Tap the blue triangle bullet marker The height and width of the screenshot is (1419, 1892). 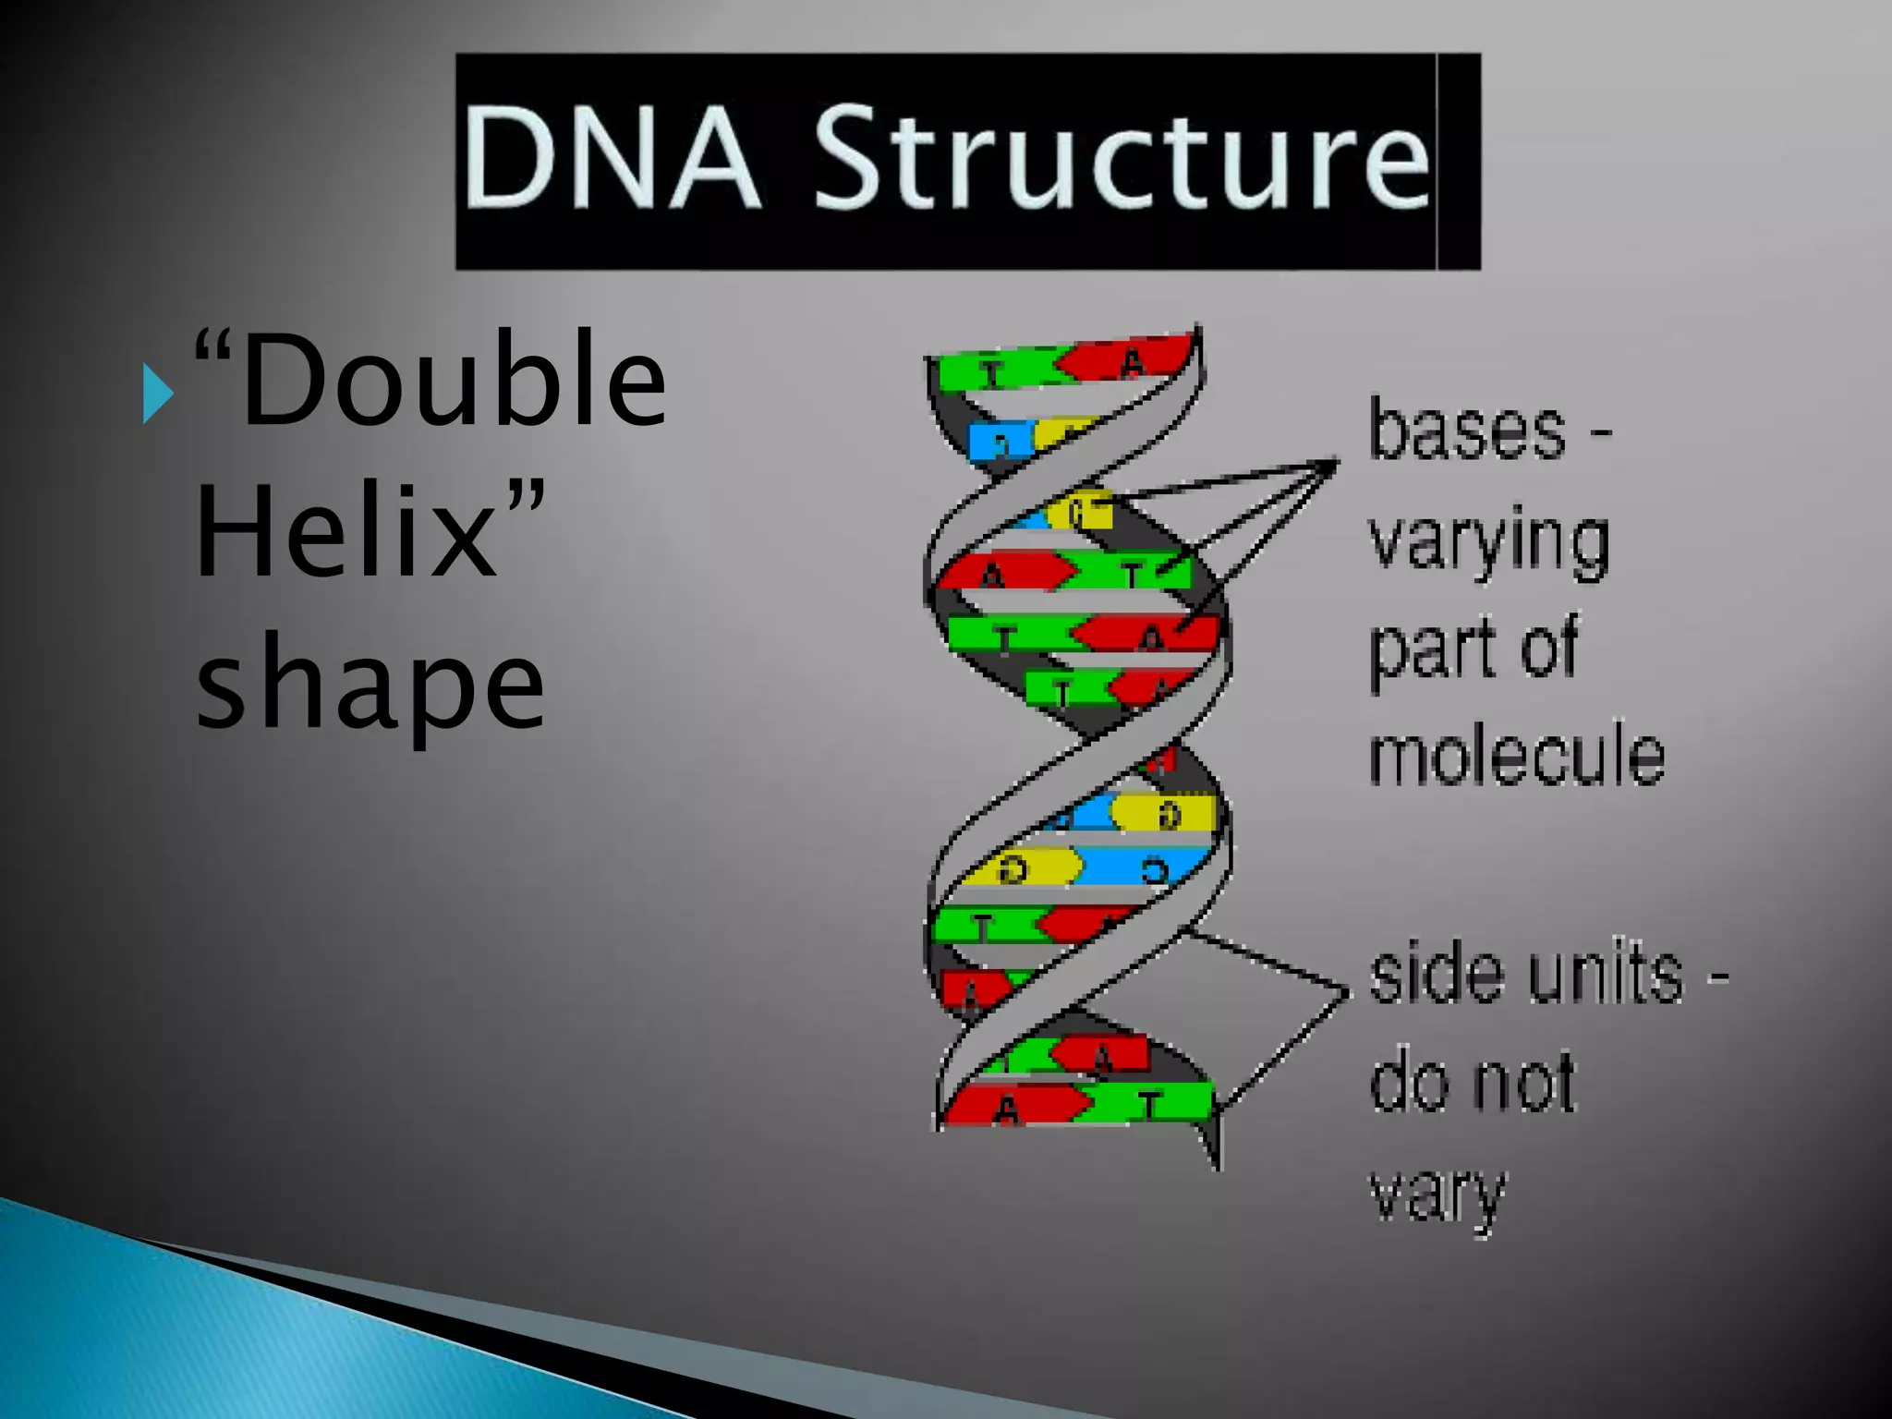coord(158,394)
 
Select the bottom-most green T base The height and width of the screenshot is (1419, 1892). coord(1151,1102)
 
